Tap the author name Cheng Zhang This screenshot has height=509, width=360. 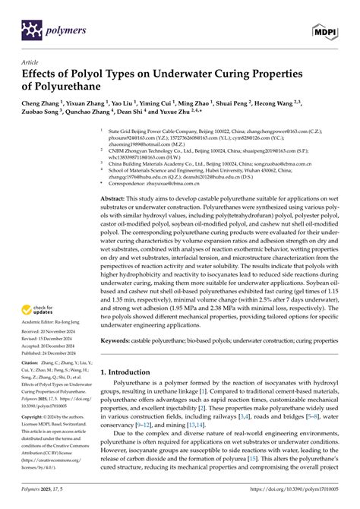pos(43,103)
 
